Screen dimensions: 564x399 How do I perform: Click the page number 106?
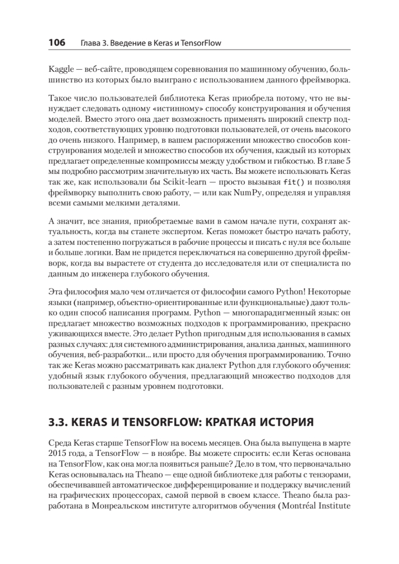[x=56, y=43]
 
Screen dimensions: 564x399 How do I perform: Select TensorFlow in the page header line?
[x=203, y=44]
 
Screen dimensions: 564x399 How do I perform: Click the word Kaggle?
[x=61, y=70]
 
